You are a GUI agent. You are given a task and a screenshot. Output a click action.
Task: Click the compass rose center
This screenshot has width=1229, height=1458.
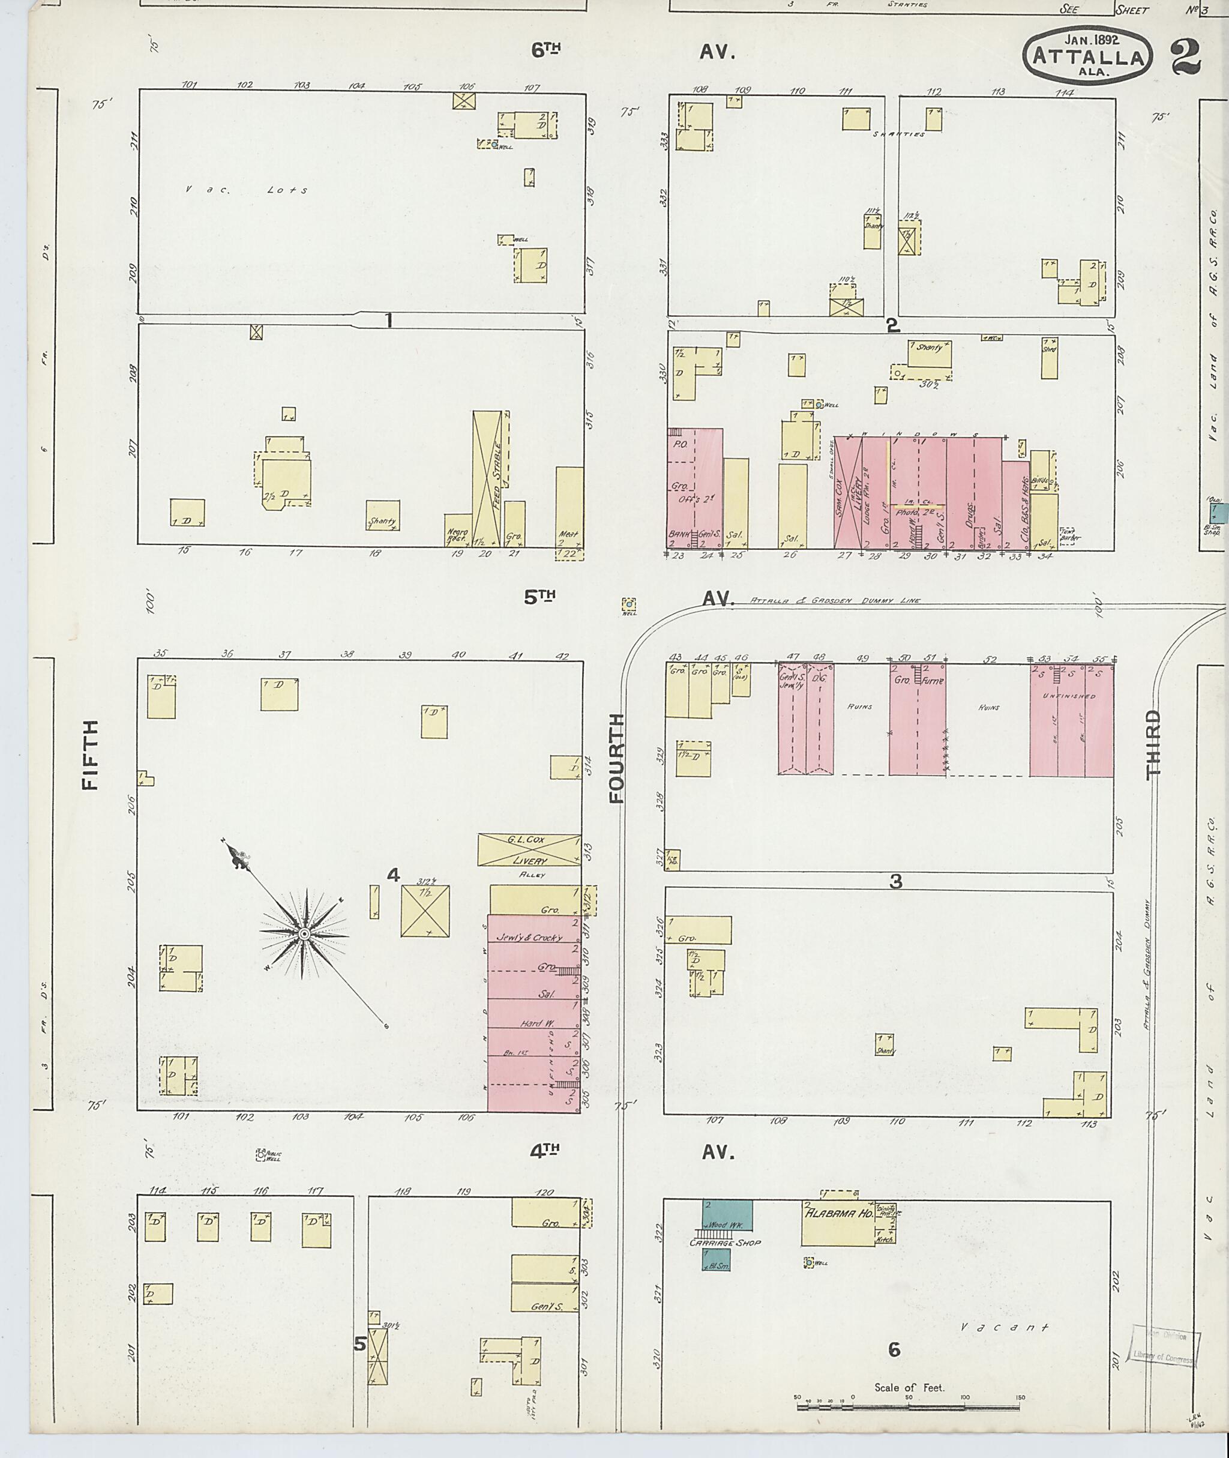tap(304, 933)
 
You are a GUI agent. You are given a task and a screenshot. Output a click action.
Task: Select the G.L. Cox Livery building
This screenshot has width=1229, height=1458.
tap(529, 849)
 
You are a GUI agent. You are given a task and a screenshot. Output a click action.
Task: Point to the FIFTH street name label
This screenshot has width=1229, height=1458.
tap(90, 755)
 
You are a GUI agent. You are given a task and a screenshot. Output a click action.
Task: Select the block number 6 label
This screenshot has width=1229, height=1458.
tap(895, 1349)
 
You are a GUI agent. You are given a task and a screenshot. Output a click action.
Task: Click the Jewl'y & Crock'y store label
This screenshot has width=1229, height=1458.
tap(529, 938)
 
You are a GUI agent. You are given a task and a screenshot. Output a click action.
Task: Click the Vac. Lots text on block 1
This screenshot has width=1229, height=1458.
tap(247, 190)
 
